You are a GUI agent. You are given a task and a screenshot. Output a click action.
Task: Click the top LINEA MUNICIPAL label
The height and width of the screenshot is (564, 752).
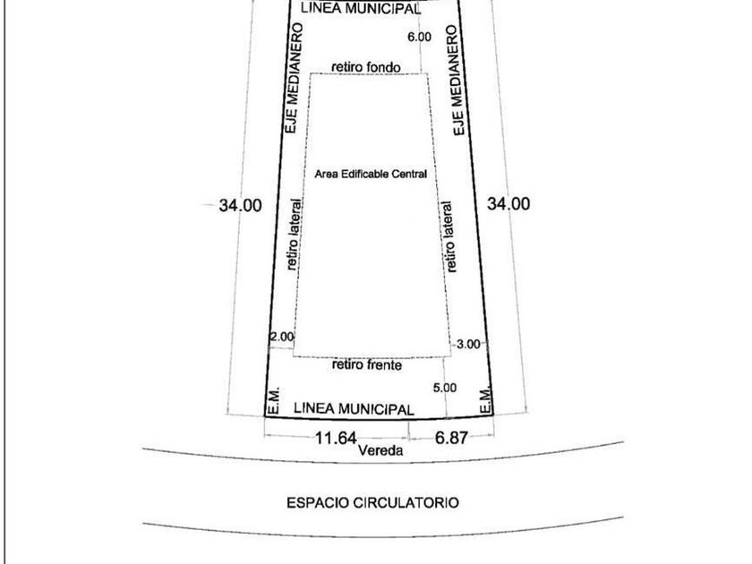[361, 8]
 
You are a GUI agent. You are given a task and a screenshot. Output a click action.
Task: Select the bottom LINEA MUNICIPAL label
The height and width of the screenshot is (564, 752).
[354, 408]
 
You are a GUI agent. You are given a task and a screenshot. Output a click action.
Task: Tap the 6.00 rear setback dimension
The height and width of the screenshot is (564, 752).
[418, 37]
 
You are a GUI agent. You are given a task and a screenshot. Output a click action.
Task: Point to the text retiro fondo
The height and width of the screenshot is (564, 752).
[364, 67]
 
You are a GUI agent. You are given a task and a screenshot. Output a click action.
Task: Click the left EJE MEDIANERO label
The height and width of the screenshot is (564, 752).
[293, 79]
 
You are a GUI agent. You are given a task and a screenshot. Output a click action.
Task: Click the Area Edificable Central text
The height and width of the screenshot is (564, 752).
[371, 174]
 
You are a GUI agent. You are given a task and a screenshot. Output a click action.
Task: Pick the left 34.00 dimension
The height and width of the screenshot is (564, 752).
[240, 205]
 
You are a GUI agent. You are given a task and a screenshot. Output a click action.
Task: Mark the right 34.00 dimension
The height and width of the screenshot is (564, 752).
[508, 204]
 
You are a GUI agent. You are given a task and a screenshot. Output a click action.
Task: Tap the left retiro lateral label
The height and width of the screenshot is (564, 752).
[294, 234]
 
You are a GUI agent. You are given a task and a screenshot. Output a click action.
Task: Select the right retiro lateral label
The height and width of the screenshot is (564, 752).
[449, 236]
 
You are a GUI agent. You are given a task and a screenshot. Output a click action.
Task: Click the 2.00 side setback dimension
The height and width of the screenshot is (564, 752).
[281, 337]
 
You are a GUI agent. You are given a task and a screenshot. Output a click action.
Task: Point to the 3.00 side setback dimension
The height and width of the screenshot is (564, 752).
[469, 344]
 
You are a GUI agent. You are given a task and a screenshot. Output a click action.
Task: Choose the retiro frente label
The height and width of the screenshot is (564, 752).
[366, 365]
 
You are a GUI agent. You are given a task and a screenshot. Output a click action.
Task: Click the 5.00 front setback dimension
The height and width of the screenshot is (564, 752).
[444, 388]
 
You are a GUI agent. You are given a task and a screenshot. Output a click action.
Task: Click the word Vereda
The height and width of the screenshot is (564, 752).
[380, 451]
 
